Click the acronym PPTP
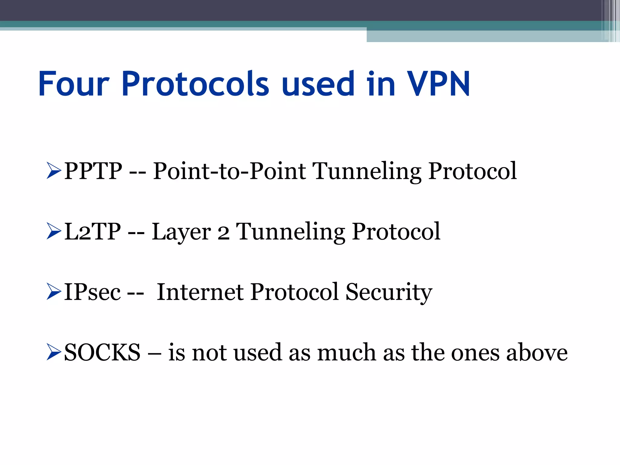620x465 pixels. [93, 171]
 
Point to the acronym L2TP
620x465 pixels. [93, 232]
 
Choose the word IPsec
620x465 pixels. [92, 292]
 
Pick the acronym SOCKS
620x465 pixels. [102, 353]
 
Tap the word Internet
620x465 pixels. [200, 292]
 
